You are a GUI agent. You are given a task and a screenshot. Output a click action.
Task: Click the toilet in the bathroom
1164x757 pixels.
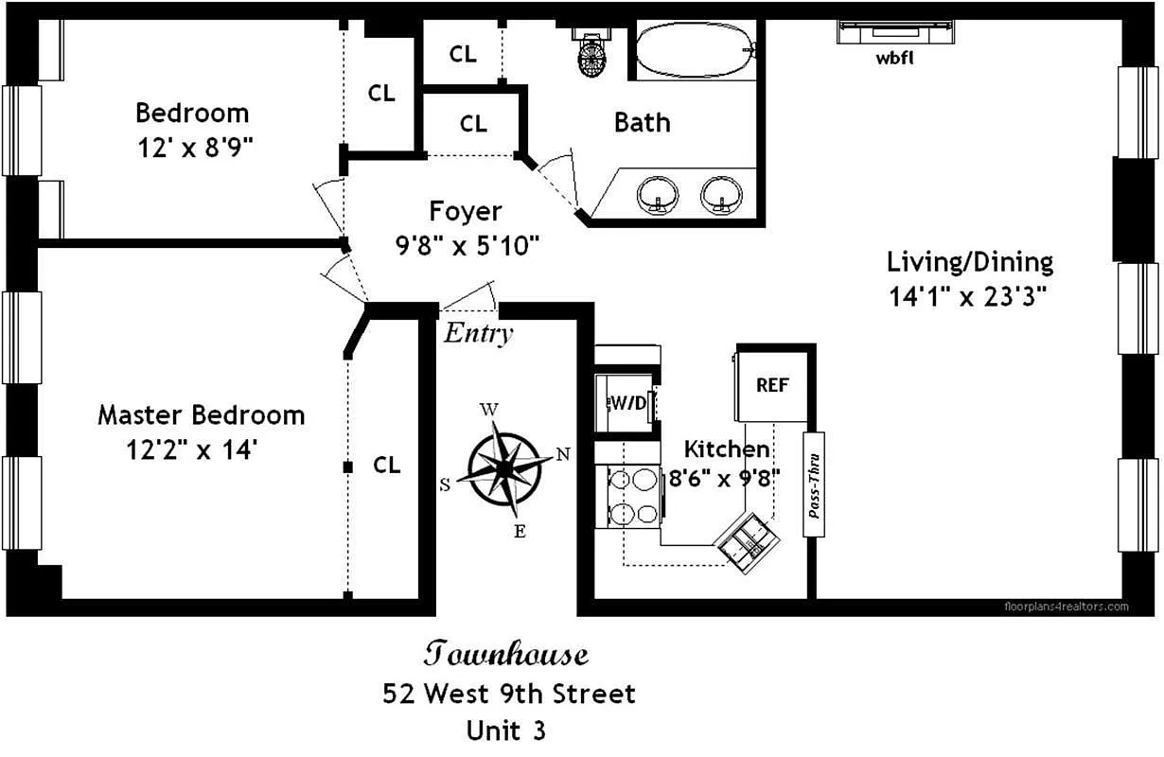[x=593, y=54]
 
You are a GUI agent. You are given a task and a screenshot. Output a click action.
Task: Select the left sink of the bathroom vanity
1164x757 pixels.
[x=657, y=196]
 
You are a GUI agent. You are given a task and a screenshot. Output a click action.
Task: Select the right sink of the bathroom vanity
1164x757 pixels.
[x=722, y=196]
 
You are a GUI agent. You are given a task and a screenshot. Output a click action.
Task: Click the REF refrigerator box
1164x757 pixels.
[x=772, y=385]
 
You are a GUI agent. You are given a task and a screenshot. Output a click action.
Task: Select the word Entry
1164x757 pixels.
[x=479, y=333]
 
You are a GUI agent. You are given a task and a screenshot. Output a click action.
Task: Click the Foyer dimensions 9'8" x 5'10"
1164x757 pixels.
[x=467, y=246]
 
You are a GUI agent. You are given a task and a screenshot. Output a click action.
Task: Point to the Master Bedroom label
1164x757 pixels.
[x=201, y=414]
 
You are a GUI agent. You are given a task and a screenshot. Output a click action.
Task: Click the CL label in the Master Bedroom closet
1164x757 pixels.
[x=386, y=465]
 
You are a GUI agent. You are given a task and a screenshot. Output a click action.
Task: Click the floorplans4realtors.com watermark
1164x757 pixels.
[x=1066, y=607]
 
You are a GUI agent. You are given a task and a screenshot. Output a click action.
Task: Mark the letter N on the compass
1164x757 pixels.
[x=562, y=453]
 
